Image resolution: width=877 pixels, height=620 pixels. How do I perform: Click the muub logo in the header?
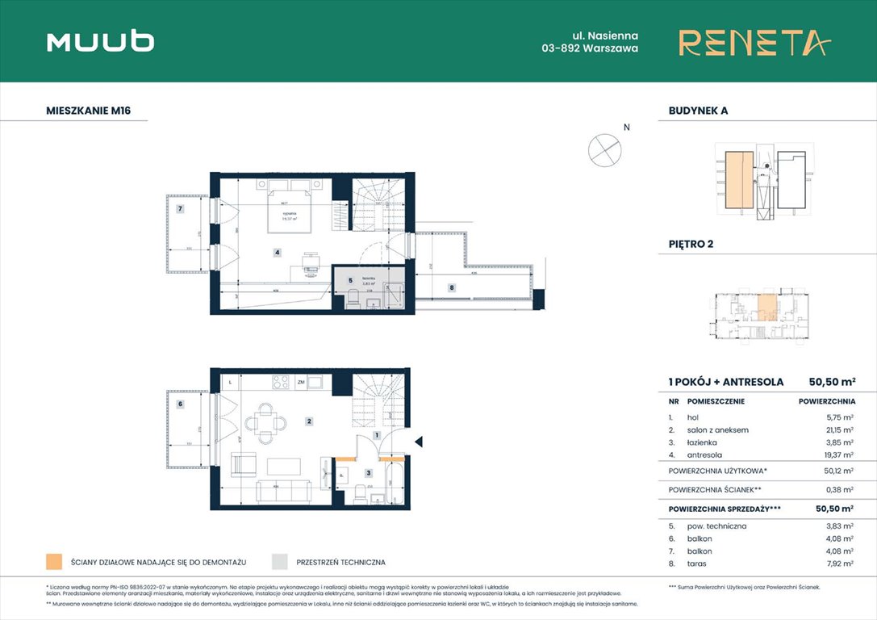[101, 42]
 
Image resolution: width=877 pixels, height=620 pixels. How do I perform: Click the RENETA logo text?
[754, 43]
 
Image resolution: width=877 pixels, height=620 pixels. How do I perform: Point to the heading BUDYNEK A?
[698, 111]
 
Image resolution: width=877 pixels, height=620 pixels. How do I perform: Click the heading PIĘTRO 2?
[691, 243]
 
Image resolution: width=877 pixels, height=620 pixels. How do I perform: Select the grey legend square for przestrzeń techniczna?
[280, 562]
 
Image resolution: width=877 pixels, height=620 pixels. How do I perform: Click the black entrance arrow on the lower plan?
[418, 441]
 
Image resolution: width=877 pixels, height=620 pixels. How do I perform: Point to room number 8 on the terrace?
[452, 287]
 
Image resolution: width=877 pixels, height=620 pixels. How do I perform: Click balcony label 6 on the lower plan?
[180, 404]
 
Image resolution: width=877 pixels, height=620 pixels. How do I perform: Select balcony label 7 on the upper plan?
[181, 209]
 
